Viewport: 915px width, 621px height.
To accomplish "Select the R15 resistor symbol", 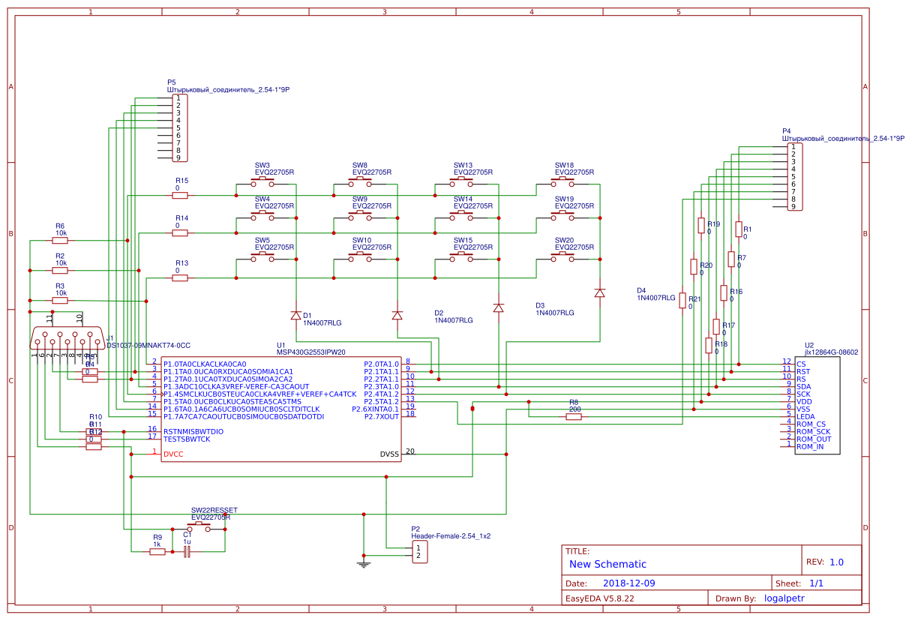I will (x=180, y=196).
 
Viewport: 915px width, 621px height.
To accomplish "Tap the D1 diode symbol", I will (x=296, y=315).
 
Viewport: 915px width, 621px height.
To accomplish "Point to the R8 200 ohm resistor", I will (x=574, y=417).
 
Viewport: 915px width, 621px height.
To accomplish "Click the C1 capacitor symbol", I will (x=187, y=551).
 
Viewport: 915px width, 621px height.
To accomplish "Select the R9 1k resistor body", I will (x=157, y=551).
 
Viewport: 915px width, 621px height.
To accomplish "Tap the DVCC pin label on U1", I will (x=174, y=454).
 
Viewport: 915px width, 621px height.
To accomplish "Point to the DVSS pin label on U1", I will (x=389, y=454).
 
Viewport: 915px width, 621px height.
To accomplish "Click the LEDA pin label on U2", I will (x=805, y=416).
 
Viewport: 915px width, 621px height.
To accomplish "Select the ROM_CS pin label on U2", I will (x=811, y=424).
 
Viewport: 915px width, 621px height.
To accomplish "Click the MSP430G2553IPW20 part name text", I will (x=310, y=351).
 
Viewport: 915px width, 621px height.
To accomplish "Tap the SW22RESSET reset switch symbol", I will (x=199, y=526).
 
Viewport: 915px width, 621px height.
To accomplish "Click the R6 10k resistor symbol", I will (x=60, y=241).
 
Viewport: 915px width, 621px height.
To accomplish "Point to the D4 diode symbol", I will (x=599, y=292).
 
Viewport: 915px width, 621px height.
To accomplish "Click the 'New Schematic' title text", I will (x=607, y=564).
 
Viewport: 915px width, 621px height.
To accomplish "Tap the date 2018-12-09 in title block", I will (x=629, y=583).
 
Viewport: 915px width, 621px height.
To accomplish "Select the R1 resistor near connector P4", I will (x=739, y=229).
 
